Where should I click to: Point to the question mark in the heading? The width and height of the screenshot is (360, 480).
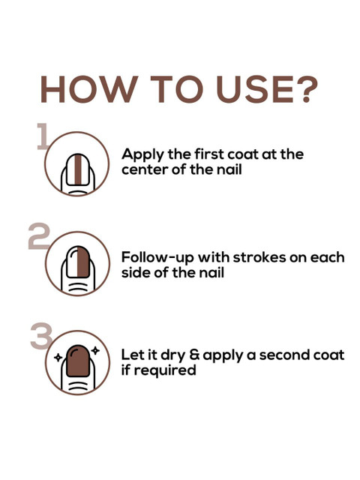click(x=307, y=89)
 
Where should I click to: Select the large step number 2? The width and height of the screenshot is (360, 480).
click(x=39, y=235)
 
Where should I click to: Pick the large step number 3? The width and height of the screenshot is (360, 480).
click(x=42, y=336)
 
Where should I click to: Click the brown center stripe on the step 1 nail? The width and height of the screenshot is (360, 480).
click(x=78, y=170)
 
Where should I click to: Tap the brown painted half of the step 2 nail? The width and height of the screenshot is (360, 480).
click(x=83, y=262)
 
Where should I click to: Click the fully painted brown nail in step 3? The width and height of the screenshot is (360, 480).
click(x=78, y=361)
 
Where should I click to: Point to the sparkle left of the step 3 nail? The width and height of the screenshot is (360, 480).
click(x=58, y=357)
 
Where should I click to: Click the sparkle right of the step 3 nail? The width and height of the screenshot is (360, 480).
click(x=95, y=350)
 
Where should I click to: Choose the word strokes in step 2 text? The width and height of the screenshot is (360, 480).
click(x=259, y=257)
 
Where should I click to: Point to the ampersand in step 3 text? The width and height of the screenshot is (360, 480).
click(x=194, y=355)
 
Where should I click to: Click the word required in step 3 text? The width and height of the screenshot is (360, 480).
click(x=165, y=370)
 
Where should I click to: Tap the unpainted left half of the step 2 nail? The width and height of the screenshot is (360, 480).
click(x=73, y=262)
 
